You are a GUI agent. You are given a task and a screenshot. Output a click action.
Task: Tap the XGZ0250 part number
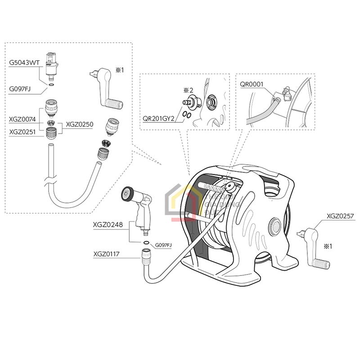coord(79,124)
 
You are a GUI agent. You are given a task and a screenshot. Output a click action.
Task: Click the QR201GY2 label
coord(158,120)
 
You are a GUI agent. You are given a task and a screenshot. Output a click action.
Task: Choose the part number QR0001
coord(251,84)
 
